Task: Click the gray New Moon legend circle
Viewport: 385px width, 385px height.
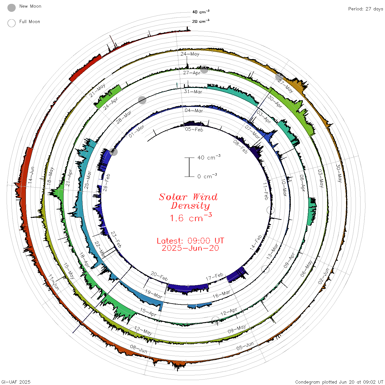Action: click(x=11, y=8)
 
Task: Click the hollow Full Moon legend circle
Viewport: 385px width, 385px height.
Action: click(x=11, y=23)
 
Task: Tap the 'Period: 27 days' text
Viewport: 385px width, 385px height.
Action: click(x=366, y=9)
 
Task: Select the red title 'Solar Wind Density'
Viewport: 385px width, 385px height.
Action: click(x=188, y=201)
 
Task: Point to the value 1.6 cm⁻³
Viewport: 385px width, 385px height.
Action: click(x=191, y=218)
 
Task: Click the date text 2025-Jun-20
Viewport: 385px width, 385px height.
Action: click(x=190, y=248)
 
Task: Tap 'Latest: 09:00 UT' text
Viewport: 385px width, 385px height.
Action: click(x=190, y=241)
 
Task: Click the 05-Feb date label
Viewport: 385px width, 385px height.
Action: click(x=194, y=129)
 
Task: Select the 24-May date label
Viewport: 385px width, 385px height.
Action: click(x=190, y=54)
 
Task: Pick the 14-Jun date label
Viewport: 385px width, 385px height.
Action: click(x=31, y=175)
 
